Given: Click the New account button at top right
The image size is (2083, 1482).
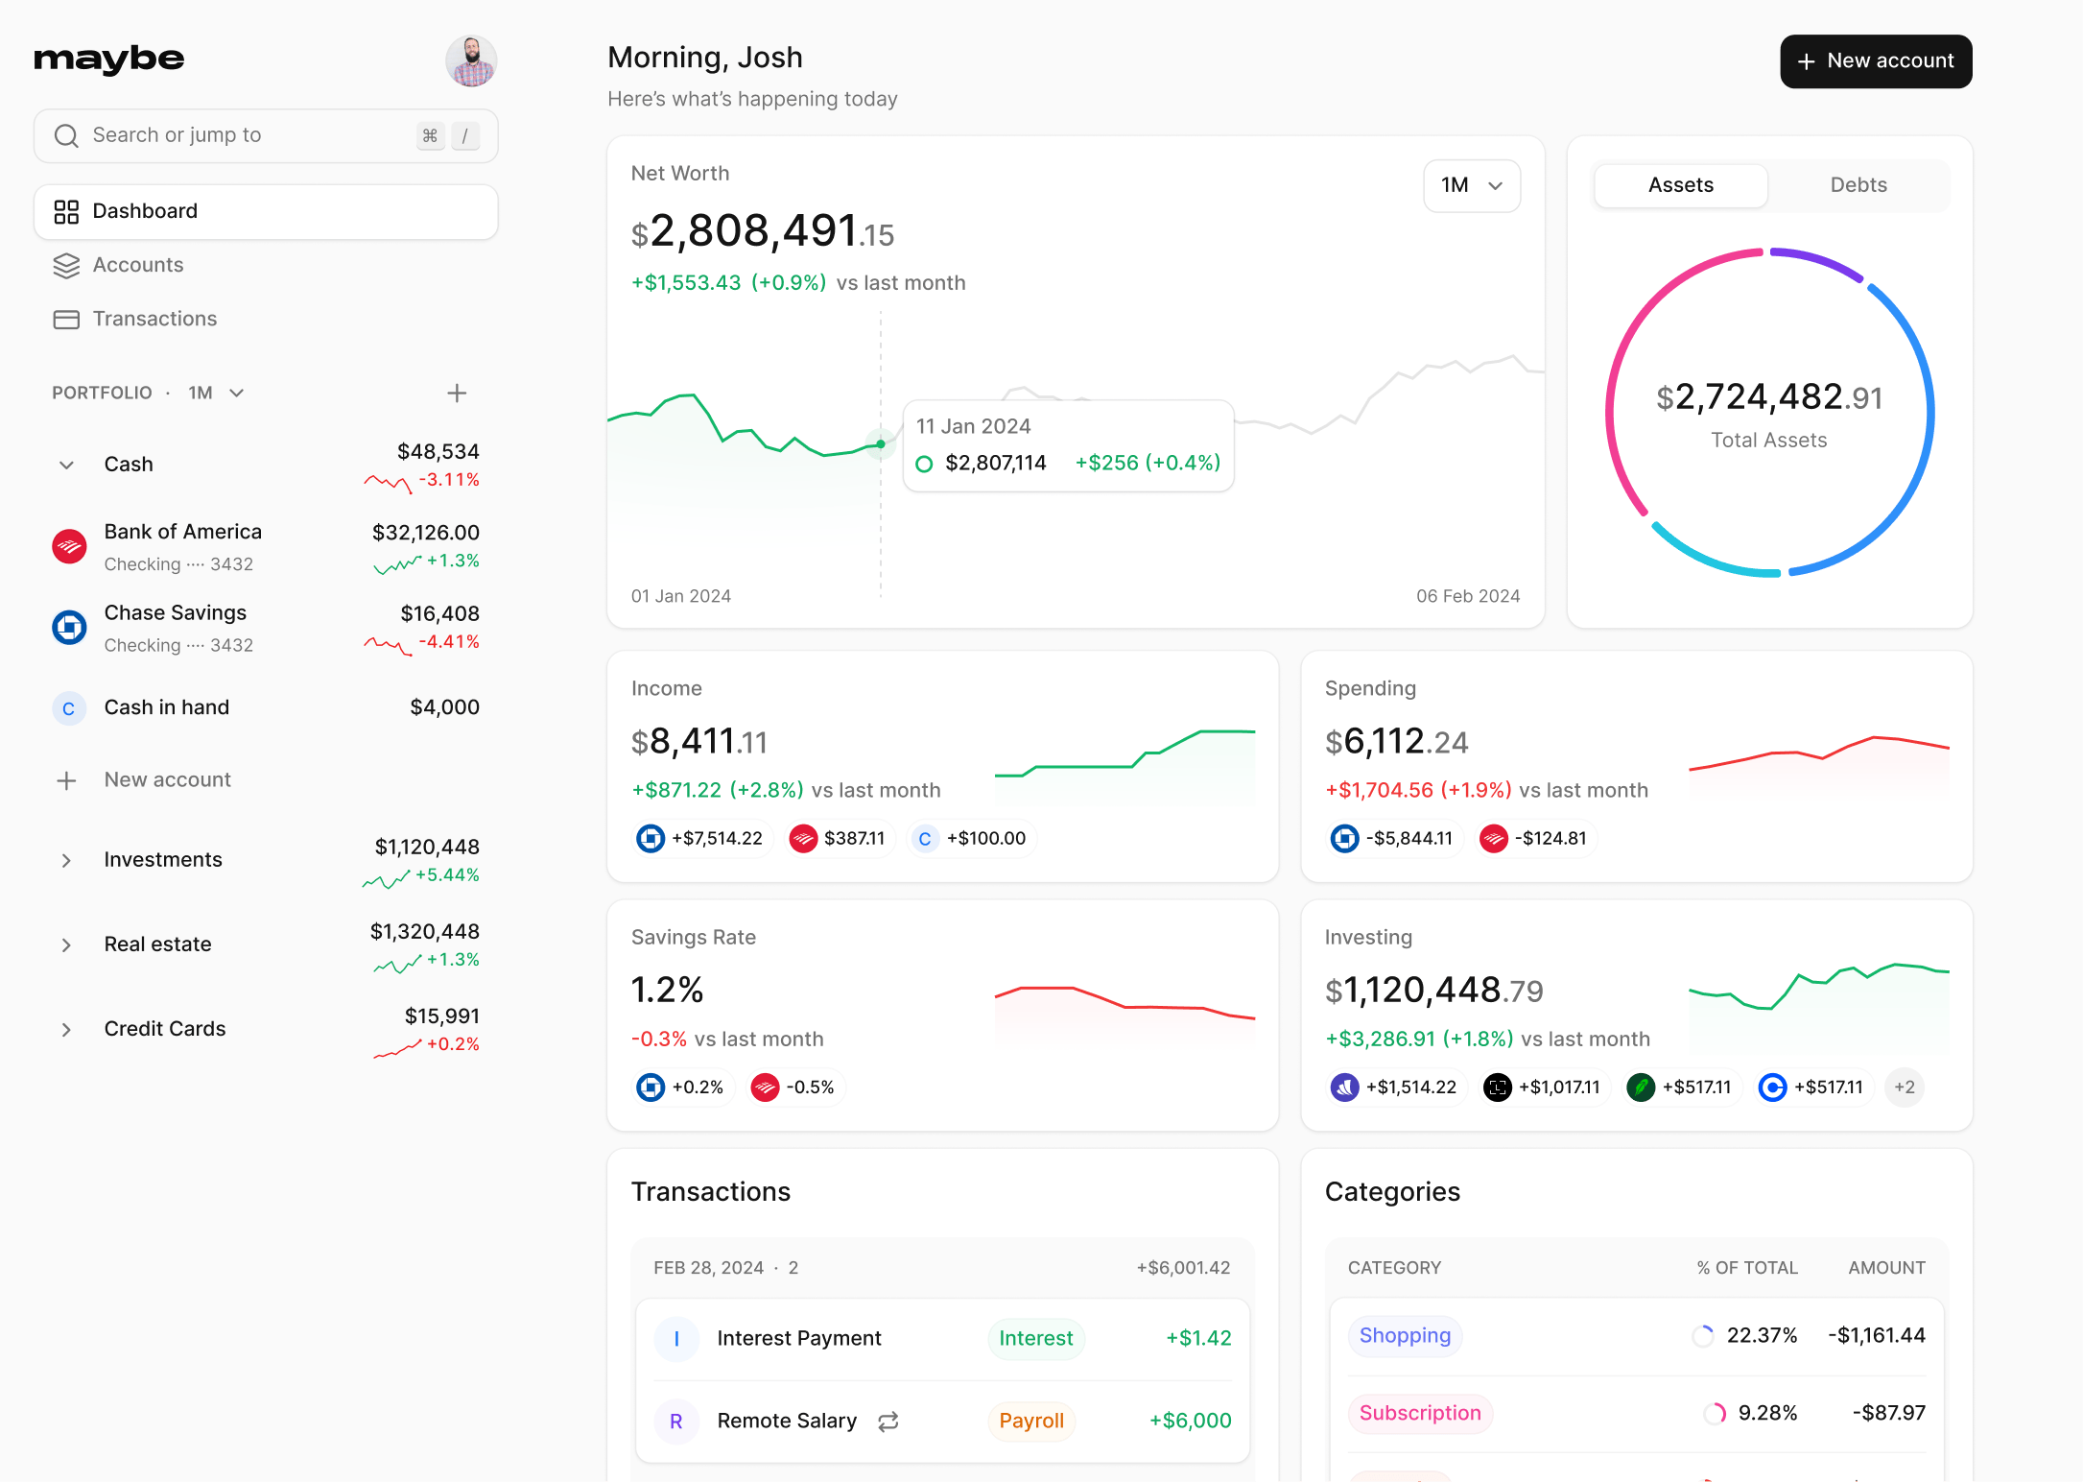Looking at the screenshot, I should pyautogui.click(x=1875, y=61).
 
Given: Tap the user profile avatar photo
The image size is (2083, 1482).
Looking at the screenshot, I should pyautogui.click(x=471, y=61).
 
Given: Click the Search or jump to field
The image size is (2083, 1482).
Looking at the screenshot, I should pyautogui.click(x=240, y=135).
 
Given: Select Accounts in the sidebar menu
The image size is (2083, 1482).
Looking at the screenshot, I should pyautogui.click(x=138, y=265).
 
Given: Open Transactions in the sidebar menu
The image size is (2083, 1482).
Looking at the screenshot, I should pyautogui.click(x=154, y=319).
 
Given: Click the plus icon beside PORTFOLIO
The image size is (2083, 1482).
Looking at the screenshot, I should pyautogui.click(x=457, y=393).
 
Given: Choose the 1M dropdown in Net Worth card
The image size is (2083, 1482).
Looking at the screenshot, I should pyautogui.click(x=1471, y=185).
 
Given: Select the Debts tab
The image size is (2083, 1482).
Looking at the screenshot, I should pyautogui.click(x=1858, y=185).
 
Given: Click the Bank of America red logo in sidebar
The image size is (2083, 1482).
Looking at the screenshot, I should pyautogui.click(x=69, y=547).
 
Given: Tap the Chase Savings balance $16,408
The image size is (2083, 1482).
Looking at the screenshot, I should pyautogui.click(x=439, y=613).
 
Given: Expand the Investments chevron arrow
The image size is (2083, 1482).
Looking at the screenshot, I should pyautogui.click(x=66, y=860).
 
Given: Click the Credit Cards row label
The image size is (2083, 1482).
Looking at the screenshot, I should pyautogui.click(x=165, y=1029).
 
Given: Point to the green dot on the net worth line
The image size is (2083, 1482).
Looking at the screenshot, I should pyautogui.click(x=880, y=444).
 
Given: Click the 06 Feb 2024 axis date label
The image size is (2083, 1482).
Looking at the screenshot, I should pyautogui.click(x=1467, y=596).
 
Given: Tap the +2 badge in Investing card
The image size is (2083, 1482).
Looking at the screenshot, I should pyautogui.click(x=1904, y=1088).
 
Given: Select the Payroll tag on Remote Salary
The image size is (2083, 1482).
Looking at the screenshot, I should pyautogui.click(x=1030, y=1421).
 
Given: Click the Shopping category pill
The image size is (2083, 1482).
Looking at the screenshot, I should pyautogui.click(x=1404, y=1336).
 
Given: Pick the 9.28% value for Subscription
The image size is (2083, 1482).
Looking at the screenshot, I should pyautogui.click(x=1767, y=1413).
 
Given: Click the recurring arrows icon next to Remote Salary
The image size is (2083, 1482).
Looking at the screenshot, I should pyautogui.click(x=888, y=1422).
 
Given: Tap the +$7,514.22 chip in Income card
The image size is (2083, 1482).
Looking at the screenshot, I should pyautogui.click(x=702, y=839).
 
